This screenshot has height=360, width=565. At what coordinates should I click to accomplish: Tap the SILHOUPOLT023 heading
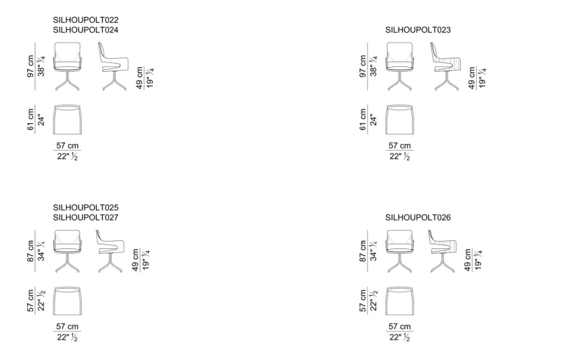pyautogui.click(x=418, y=30)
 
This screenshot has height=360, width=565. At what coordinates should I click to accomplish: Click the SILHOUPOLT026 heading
pyautogui.click(x=418, y=217)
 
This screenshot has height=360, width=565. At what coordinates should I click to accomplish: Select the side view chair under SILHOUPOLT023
pyautogui.click(x=446, y=66)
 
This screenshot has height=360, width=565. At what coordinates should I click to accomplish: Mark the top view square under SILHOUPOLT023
pyautogui.click(x=399, y=119)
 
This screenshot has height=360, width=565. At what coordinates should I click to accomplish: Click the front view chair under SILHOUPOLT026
pyautogui.click(x=399, y=251)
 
